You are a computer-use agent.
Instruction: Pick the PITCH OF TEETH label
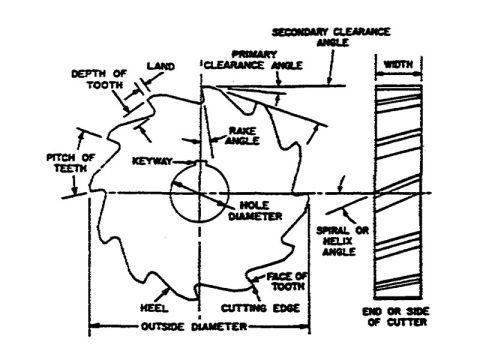[69, 162]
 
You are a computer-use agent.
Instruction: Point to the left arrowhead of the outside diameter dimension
[92, 324]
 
